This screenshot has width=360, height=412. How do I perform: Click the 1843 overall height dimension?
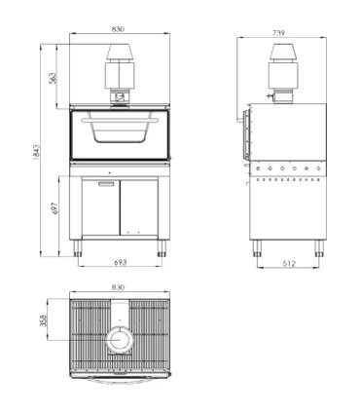(x=36, y=152)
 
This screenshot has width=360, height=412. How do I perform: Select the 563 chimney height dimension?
(x=53, y=78)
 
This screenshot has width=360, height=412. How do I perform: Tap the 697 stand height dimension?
(x=54, y=208)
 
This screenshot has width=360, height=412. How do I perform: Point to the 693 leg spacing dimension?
(x=120, y=262)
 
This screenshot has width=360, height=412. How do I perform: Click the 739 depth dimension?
(x=279, y=33)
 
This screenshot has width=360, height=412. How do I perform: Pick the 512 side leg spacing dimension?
(x=289, y=264)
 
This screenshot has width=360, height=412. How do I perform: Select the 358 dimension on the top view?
(x=43, y=320)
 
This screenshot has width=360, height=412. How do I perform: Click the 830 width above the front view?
(x=118, y=29)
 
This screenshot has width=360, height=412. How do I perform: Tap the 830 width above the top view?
(x=118, y=287)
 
